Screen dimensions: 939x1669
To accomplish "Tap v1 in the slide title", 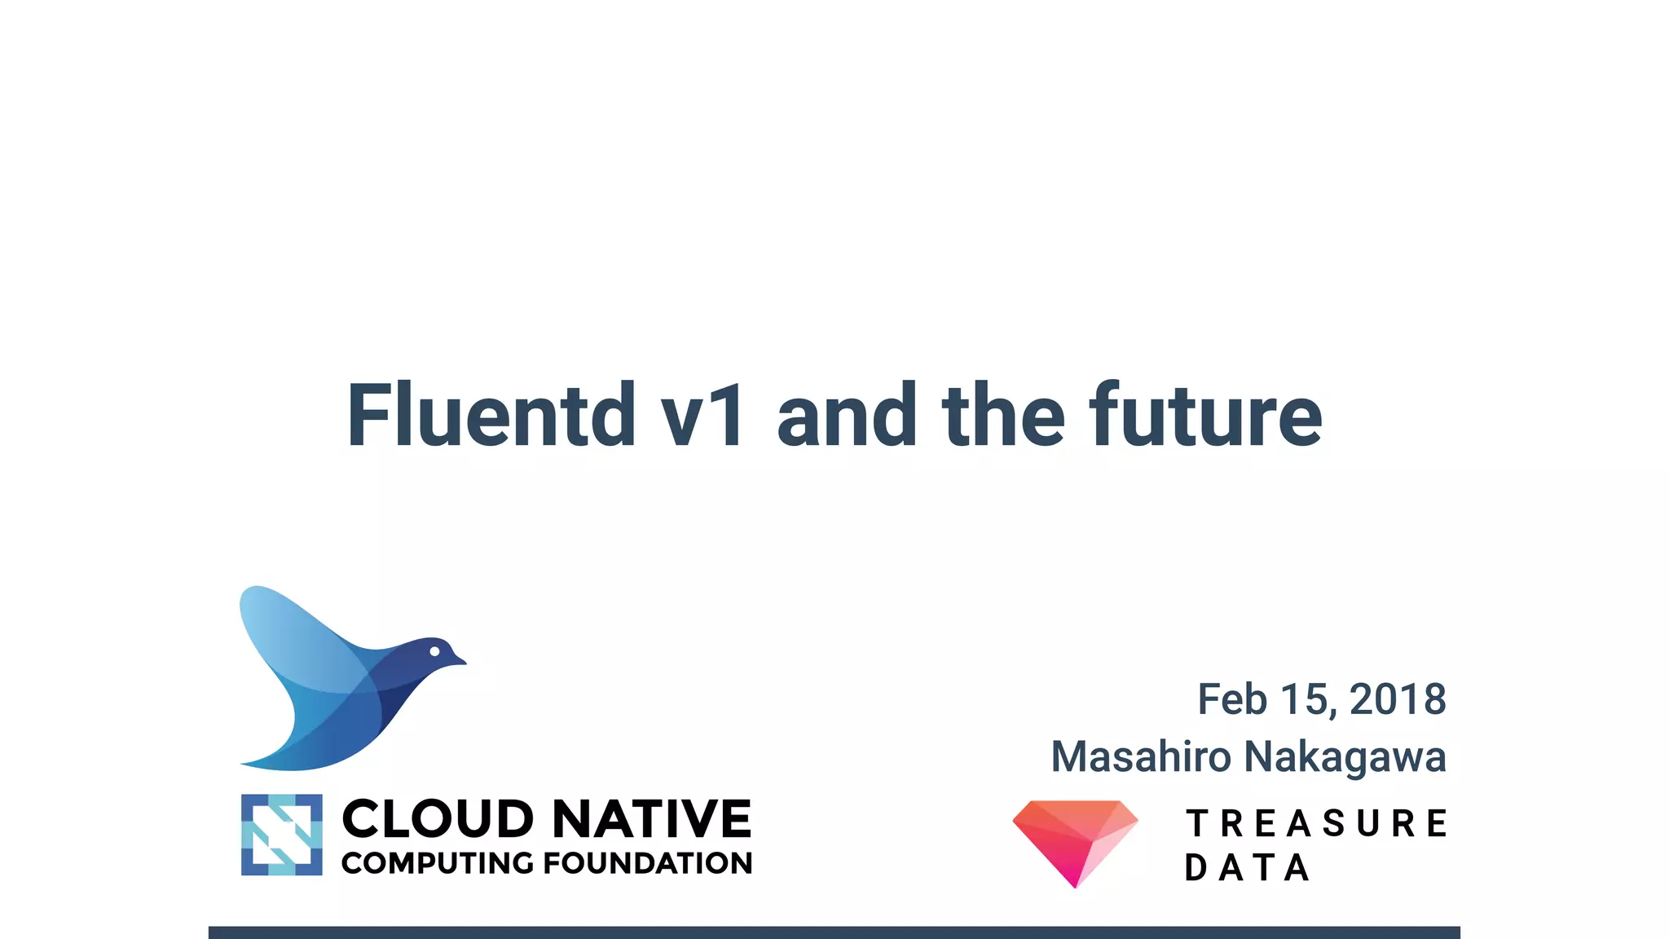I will point(702,417).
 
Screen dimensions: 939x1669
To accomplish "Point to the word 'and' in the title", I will point(847,417).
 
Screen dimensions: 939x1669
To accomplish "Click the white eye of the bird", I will point(434,651).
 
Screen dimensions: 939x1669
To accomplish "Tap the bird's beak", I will point(460,660).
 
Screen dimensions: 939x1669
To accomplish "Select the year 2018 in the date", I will point(1397,699).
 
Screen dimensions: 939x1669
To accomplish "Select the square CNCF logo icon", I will point(282,835).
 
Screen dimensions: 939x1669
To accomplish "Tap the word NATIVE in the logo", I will point(652,818).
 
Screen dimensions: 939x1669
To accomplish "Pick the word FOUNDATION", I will point(648,863).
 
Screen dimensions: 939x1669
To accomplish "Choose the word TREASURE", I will point(1316,823).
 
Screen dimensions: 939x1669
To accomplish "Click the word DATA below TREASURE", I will point(1247,868).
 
